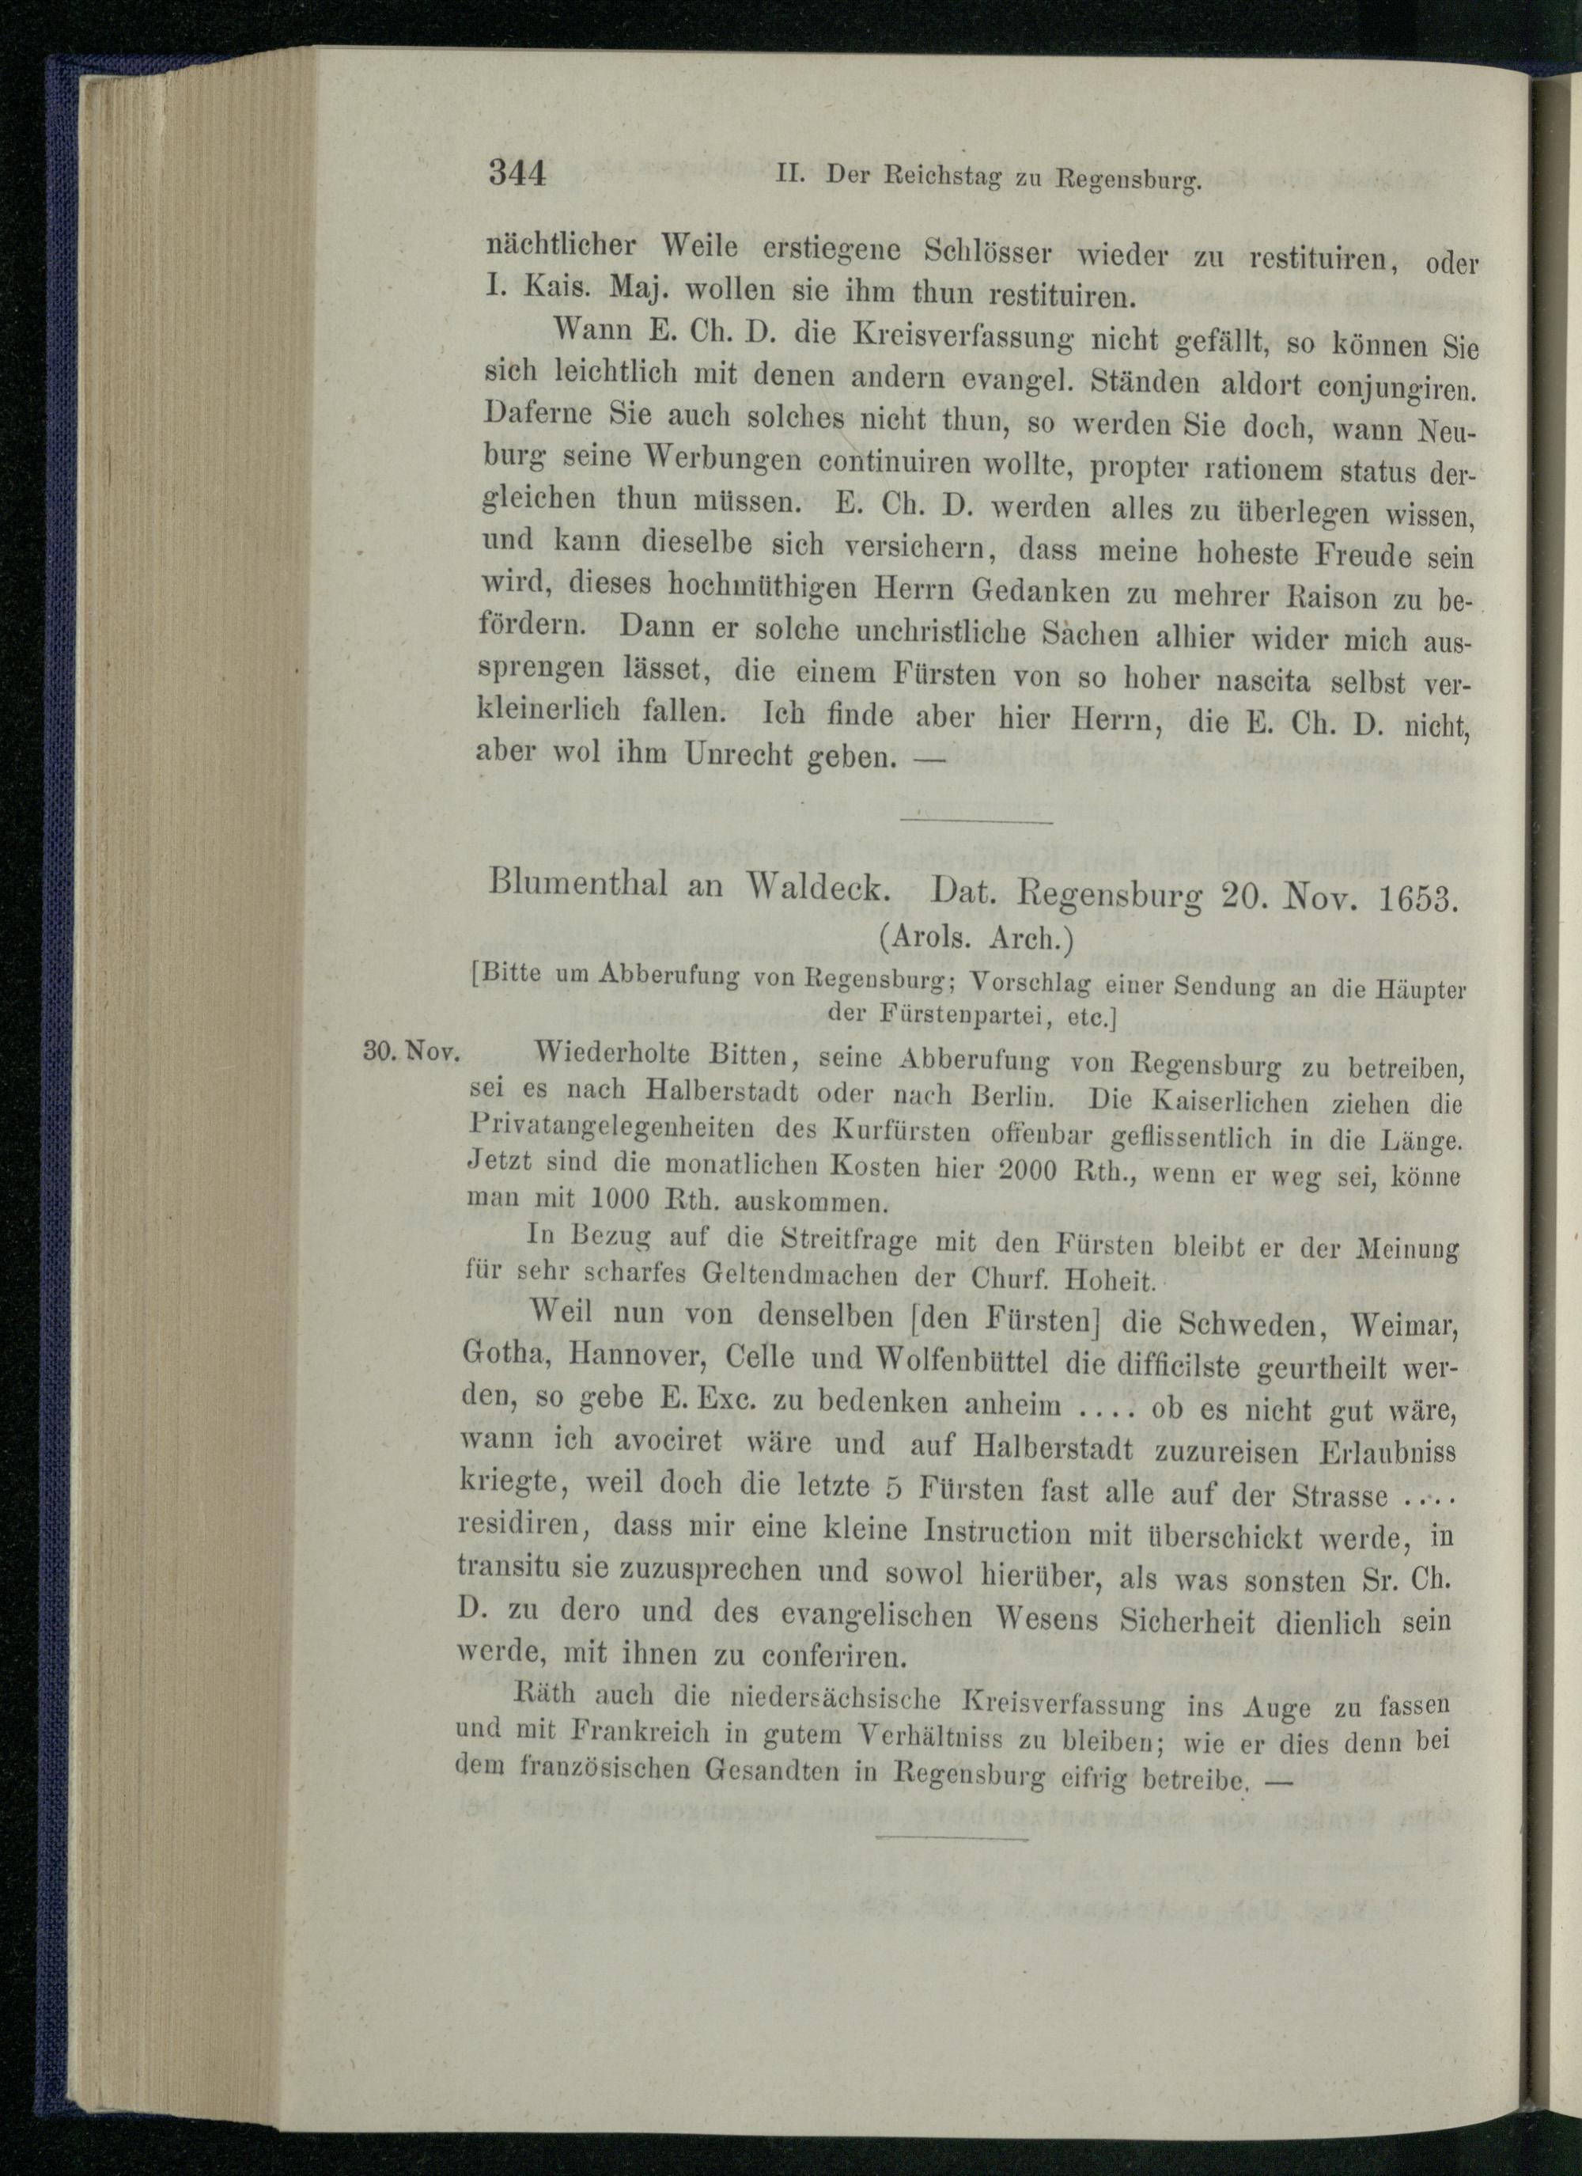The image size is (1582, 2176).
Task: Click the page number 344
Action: pyautogui.click(x=517, y=175)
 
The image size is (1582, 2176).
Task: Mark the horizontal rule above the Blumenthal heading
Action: pyautogui.click(x=977, y=822)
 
